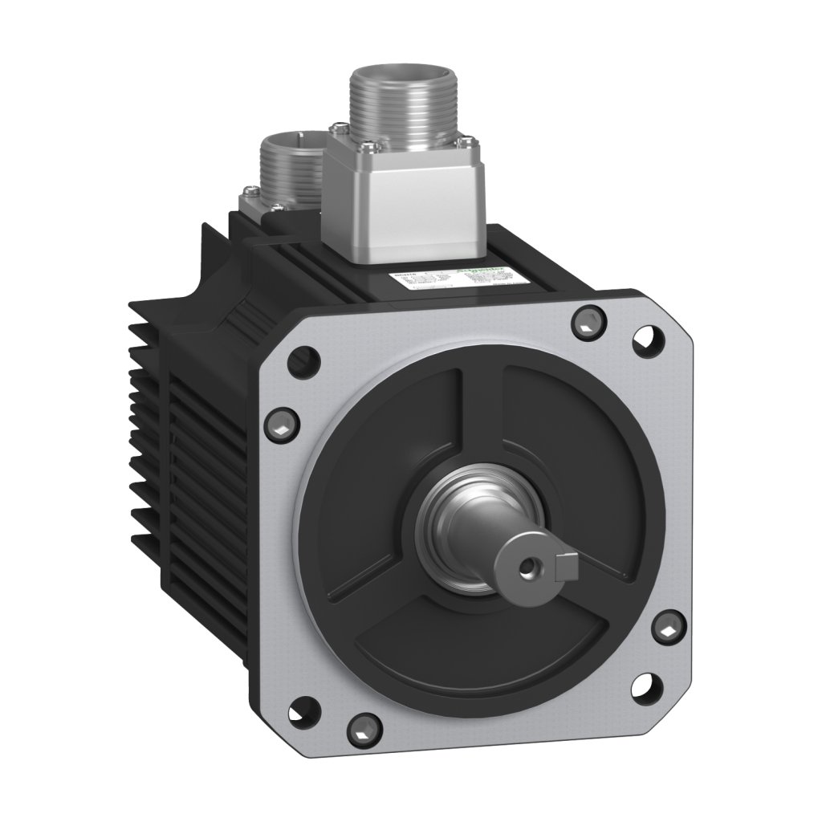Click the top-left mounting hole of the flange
(303, 355)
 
